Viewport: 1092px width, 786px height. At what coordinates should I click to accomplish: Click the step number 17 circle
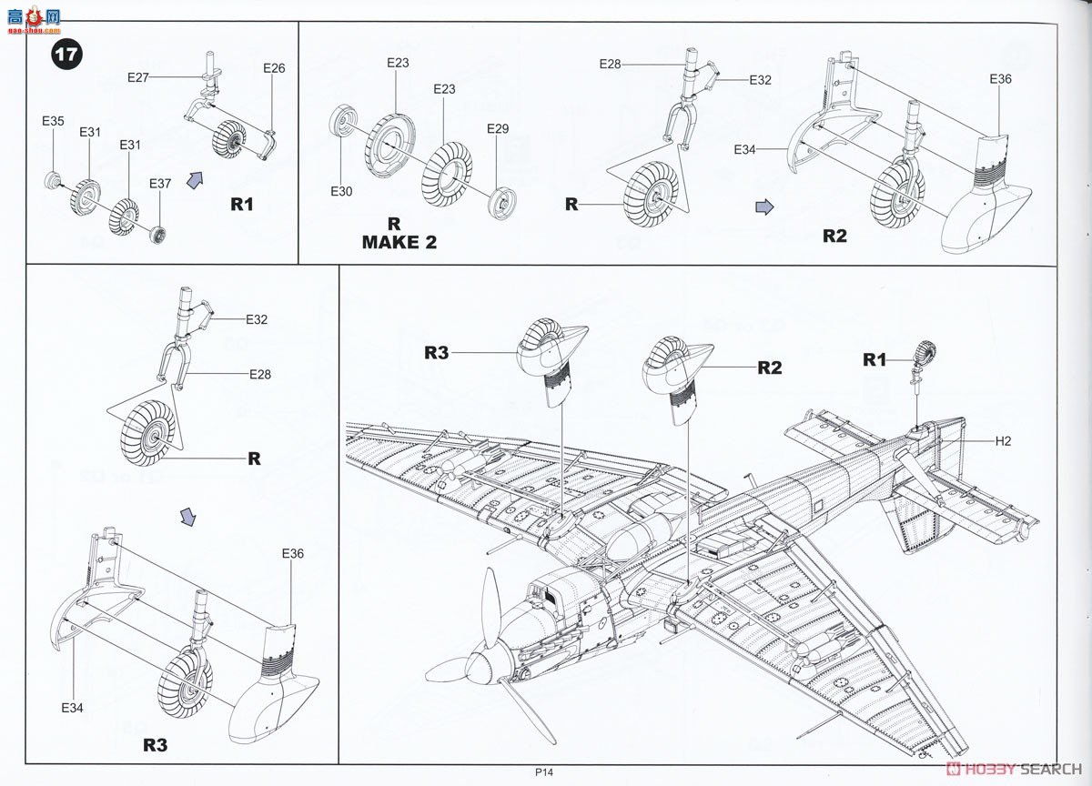66,54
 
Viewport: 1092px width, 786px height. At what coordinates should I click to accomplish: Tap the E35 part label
53,120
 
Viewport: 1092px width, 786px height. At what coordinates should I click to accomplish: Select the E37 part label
159,184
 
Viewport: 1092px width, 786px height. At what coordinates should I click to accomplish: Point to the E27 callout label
138,78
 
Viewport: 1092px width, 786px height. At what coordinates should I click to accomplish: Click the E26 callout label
274,68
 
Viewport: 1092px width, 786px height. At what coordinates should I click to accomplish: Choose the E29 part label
498,128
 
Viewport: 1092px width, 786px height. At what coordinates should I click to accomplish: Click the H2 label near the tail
1003,441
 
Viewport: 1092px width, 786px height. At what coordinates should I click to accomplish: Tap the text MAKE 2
399,242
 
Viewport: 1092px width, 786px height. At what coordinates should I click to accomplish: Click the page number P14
545,772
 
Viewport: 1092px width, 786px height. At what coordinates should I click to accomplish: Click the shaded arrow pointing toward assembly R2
765,207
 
